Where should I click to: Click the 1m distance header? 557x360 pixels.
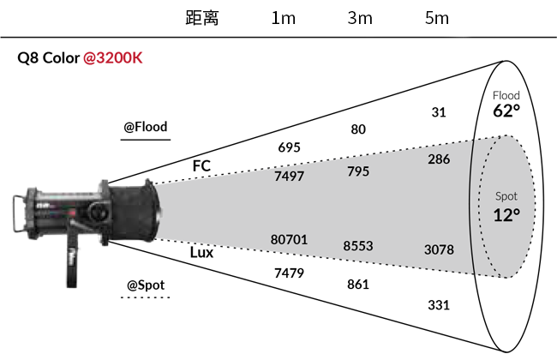point(283,18)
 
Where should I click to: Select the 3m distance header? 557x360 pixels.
point(360,18)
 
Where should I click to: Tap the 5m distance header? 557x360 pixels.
point(437,18)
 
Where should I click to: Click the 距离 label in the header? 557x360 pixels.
point(202,18)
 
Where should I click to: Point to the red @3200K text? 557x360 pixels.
point(113,57)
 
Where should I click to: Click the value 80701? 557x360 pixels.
point(289,239)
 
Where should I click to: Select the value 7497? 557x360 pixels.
point(289,177)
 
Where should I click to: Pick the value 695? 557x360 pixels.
point(289,147)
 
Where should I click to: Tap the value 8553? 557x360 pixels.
point(358,246)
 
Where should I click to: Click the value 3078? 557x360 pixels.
point(439,249)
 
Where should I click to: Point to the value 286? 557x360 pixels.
point(439,159)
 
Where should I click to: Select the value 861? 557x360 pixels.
point(358,285)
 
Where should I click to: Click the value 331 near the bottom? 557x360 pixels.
point(439,305)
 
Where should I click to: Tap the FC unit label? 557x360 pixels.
point(201,165)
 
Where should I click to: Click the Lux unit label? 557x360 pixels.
point(201,253)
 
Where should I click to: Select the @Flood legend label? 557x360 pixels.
point(146,127)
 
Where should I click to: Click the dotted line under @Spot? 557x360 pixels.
point(146,297)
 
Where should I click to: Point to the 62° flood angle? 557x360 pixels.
point(506,111)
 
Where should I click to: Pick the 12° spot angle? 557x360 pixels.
point(506,215)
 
